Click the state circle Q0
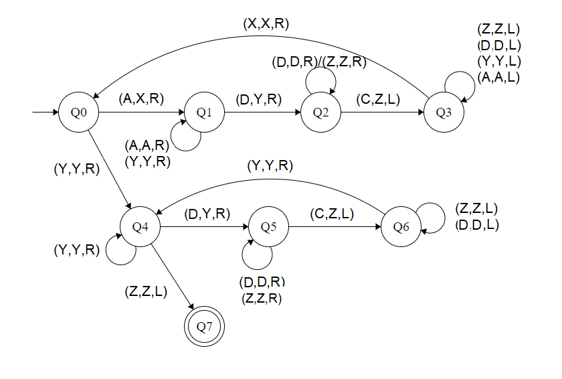tap(79, 112)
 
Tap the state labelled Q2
tap(321, 112)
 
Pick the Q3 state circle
tap(443, 112)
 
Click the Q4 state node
tap(140, 227)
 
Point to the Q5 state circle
tap(268, 227)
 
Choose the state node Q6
tap(401, 227)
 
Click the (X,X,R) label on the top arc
tap(266, 23)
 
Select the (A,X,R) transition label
tap(141, 99)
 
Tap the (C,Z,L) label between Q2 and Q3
tap(378, 99)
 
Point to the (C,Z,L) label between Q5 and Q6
tap(332, 214)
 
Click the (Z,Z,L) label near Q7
tap(146, 291)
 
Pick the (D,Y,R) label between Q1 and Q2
tap(259, 99)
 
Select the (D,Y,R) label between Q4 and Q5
tap(207, 214)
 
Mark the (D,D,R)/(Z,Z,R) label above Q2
tap(320, 63)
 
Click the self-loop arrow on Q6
tap(436, 219)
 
